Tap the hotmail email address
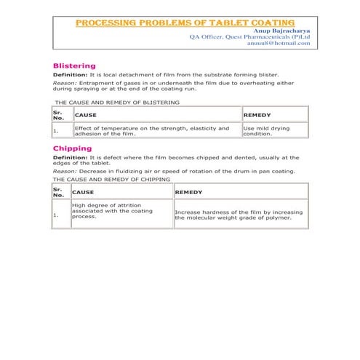(x=279, y=44)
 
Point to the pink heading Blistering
(x=74, y=65)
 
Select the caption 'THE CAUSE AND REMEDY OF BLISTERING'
(x=116, y=103)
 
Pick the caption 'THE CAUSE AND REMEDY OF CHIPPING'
(x=112, y=179)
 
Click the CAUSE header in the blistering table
(x=85, y=115)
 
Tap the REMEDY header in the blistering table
(x=257, y=115)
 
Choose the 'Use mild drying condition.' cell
(x=274, y=131)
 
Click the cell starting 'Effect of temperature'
(x=156, y=131)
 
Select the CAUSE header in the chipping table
(x=83, y=192)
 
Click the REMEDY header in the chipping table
(x=188, y=192)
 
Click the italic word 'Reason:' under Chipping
(x=65, y=171)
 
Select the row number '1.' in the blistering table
(x=56, y=132)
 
